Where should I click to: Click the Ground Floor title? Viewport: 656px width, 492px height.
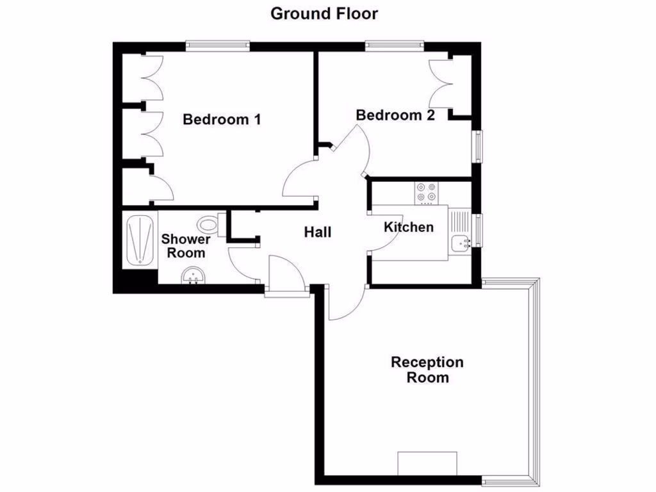coord(324,13)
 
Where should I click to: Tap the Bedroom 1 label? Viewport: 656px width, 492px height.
coord(222,119)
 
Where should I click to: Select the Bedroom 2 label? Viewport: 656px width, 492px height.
coord(395,115)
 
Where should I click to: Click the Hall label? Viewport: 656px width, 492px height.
coord(318,232)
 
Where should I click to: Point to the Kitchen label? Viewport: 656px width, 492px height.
coord(409,227)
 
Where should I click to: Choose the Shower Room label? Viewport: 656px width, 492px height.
coord(186,245)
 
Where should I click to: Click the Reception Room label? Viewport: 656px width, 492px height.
coord(427,370)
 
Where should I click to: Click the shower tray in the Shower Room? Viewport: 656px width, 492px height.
coord(140,240)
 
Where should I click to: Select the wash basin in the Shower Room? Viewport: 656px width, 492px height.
coord(193,276)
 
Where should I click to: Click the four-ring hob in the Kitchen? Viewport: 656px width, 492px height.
coord(426,192)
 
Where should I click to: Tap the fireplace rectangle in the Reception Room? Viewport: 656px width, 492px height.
coord(427,463)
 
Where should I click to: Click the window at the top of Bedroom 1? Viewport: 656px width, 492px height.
coord(218,45)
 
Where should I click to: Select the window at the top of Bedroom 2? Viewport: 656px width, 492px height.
coord(395,45)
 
